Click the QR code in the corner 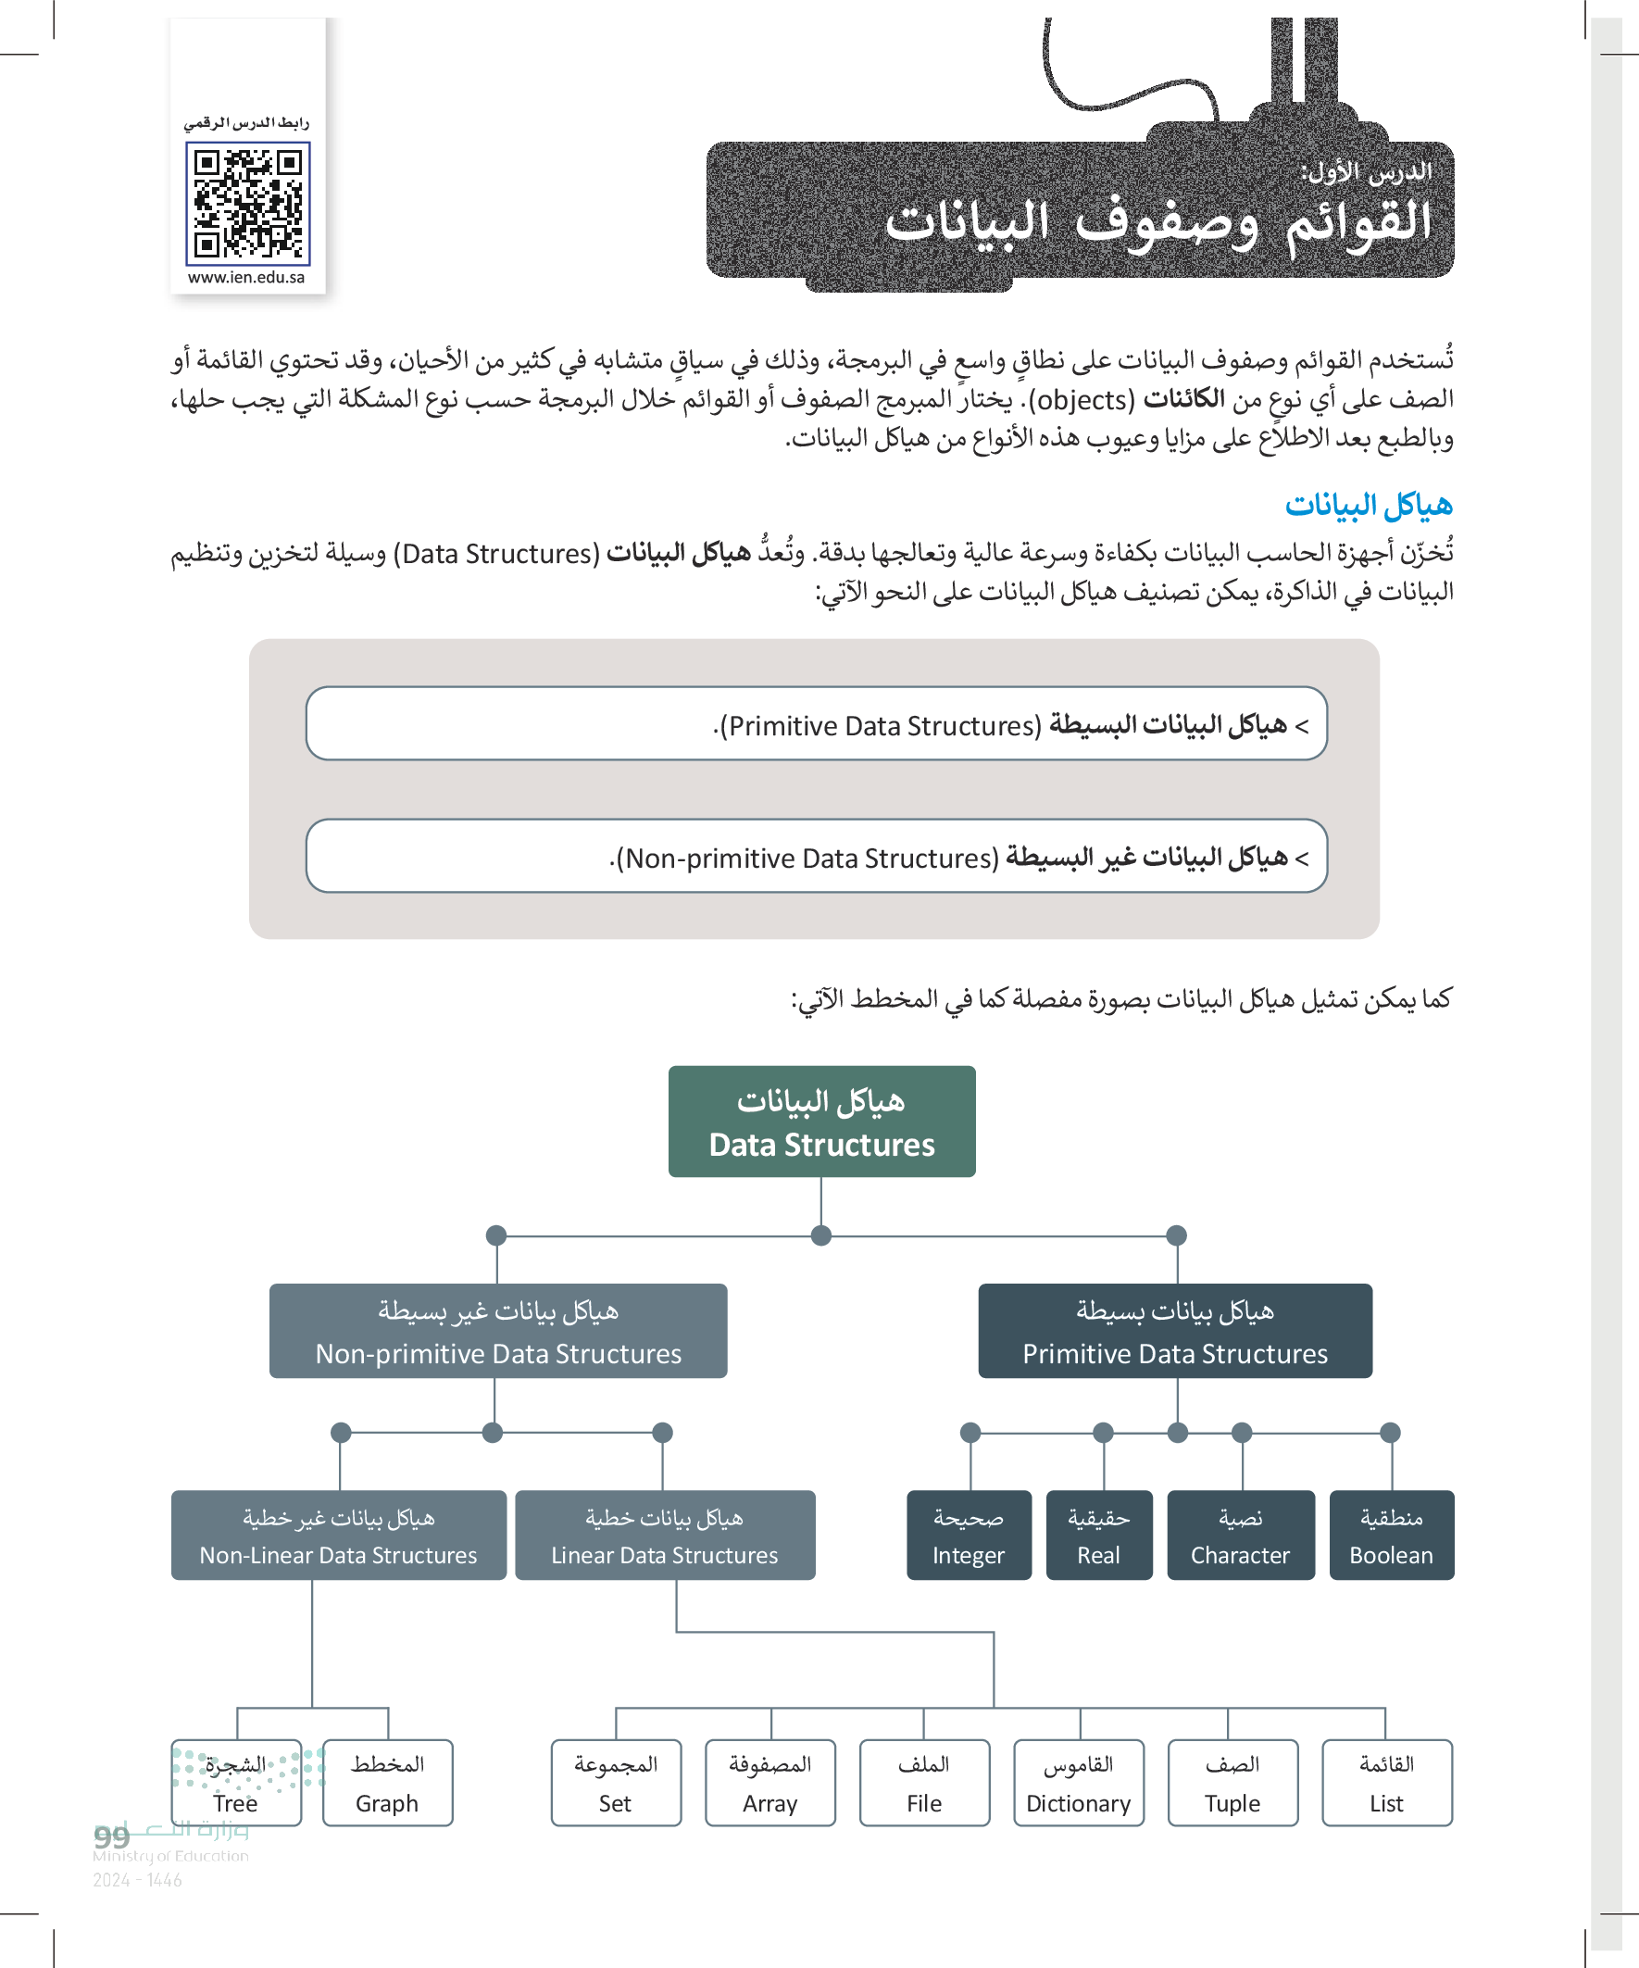tap(247, 204)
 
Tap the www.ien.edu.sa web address tap(246, 278)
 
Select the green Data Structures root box tap(821, 1121)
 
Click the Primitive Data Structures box tap(1174, 1331)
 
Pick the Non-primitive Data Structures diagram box tap(497, 1331)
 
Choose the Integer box tap(968, 1536)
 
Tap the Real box tap(1098, 1536)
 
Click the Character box tap(1240, 1536)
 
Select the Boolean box tap(1391, 1536)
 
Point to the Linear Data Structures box tap(665, 1536)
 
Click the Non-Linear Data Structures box tap(338, 1536)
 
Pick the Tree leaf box tap(236, 1783)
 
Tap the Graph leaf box tap(387, 1783)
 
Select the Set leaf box tap(616, 1783)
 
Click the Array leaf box tap(769, 1783)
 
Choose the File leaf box tap(924, 1783)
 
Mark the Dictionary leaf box tap(1078, 1783)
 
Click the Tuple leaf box tap(1232, 1783)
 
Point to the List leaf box tap(1386, 1783)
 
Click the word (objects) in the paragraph tap(1082, 400)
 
